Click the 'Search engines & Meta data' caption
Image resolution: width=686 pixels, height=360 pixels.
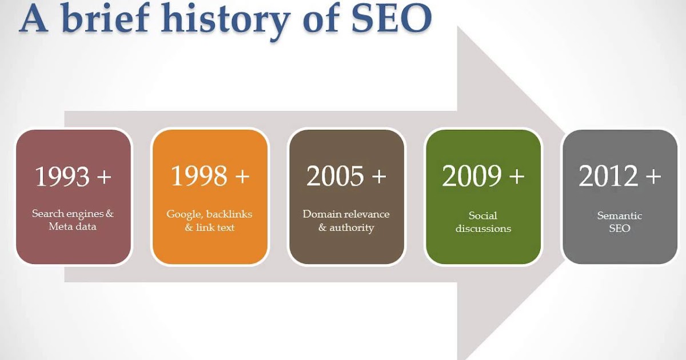pyautogui.click(x=73, y=220)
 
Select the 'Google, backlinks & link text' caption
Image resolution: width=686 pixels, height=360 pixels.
pyautogui.click(x=209, y=221)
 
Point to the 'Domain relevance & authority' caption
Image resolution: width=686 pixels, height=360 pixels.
pyautogui.click(x=346, y=221)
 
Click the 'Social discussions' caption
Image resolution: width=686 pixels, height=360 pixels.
pyautogui.click(x=483, y=222)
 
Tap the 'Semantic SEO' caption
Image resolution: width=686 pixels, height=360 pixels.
pyautogui.click(x=620, y=222)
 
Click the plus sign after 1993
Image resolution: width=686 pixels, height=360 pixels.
pyautogui.click(x=103, y=177)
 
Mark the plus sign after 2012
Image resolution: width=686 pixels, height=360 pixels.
pyautogui.click(x=653, y=177)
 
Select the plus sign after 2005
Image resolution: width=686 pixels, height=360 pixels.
pyautogui.click(x=378, y=177)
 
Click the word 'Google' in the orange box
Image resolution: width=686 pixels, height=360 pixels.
pyautogui.click(x=183, y=214)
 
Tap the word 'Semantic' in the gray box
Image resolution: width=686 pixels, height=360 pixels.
pyautogui.click(x=620, y=215)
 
